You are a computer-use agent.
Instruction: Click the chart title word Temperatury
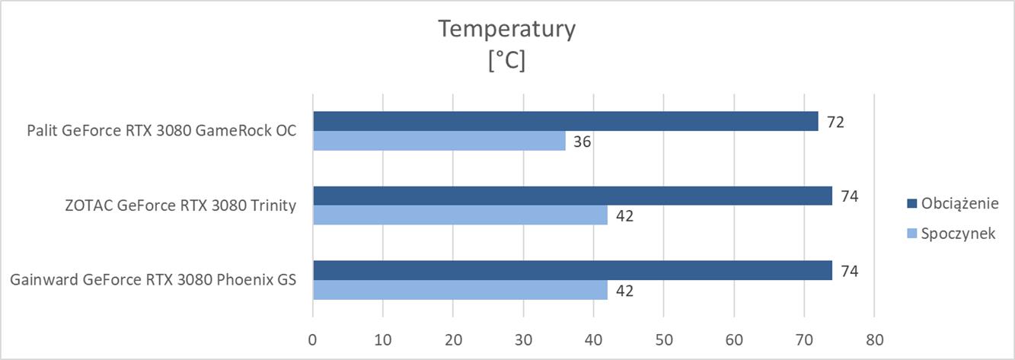coord(506,30)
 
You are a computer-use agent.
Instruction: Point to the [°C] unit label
coord(506,61)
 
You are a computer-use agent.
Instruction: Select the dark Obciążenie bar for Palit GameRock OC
coord(565,121)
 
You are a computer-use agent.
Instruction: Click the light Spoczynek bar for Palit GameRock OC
coord(439,141)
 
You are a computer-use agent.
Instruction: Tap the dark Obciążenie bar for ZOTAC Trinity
coord(572,196)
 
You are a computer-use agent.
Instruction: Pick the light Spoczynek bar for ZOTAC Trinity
coord(460,215)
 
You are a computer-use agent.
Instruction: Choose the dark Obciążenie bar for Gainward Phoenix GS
coord(572,270)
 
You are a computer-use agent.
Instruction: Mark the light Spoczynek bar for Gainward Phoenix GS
coord(460,290)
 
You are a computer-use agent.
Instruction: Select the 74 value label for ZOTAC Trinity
coord(850,196)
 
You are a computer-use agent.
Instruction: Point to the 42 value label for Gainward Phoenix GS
coord(624,291)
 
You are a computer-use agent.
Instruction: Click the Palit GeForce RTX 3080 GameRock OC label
coord(160,131)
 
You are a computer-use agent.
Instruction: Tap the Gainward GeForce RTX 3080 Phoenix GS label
coord(153,280)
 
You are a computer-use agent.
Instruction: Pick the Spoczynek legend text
coord(958,234)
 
